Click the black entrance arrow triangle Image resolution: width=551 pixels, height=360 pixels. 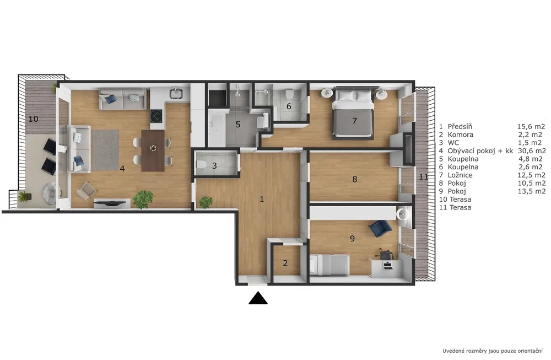pos(258,298)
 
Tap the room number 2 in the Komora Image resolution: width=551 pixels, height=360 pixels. pos(285,263)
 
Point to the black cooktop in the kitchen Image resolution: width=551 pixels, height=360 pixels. pos(156,115)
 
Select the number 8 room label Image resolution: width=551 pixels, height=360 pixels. pos(354,179)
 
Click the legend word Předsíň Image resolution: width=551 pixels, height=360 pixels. pos(460,127)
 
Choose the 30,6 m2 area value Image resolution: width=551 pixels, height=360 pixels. pos(532,151)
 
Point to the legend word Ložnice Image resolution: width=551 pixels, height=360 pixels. pos(460,175)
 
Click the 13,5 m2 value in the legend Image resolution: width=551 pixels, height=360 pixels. pos(532,191)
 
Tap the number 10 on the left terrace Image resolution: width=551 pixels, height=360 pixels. pos(34,119)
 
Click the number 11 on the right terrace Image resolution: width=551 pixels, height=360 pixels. pos(423,177)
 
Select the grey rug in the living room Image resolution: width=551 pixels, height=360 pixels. pos(105,150)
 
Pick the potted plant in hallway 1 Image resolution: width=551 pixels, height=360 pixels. pos(206,202)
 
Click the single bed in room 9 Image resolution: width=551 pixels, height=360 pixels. pos(329,265)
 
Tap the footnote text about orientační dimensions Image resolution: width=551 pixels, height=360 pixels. pos(492,351)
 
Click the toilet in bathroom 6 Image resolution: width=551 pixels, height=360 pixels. pos(289,94)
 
